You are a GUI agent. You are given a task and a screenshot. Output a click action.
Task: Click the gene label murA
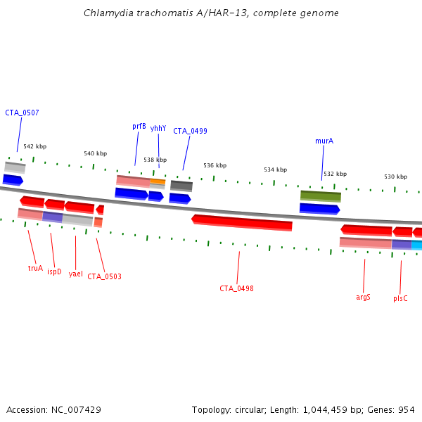point(324,141)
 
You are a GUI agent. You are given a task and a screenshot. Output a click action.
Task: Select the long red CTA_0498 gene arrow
point(242,222)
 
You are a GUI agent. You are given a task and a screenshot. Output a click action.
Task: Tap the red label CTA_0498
point(236,288)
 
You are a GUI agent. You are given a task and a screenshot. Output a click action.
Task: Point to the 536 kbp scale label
point(215,165)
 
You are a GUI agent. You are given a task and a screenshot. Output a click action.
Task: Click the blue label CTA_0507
point(22,113)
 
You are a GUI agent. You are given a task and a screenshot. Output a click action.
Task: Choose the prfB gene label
point(139,127)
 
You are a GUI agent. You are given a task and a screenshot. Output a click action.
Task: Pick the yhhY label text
point(158,128)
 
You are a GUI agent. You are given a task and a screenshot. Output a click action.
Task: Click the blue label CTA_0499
point(190,131)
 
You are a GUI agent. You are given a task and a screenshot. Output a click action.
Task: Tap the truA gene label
point(35,268)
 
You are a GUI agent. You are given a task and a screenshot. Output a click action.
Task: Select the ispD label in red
point(54,271)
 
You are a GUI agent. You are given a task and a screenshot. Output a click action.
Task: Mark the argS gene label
point(363,297)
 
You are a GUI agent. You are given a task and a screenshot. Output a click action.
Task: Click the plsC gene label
point(400,298)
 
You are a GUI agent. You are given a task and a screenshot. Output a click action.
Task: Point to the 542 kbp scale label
point(34,146)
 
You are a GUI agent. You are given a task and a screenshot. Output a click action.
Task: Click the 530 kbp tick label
point(395,177)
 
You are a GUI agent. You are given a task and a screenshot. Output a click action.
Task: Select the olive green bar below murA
point(321,196)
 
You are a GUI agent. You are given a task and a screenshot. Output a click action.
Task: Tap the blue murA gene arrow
point(319,208)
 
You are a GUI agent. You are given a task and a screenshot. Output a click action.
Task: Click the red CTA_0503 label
point(104,276)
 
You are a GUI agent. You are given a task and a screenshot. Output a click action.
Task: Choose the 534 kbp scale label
point(276,170)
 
